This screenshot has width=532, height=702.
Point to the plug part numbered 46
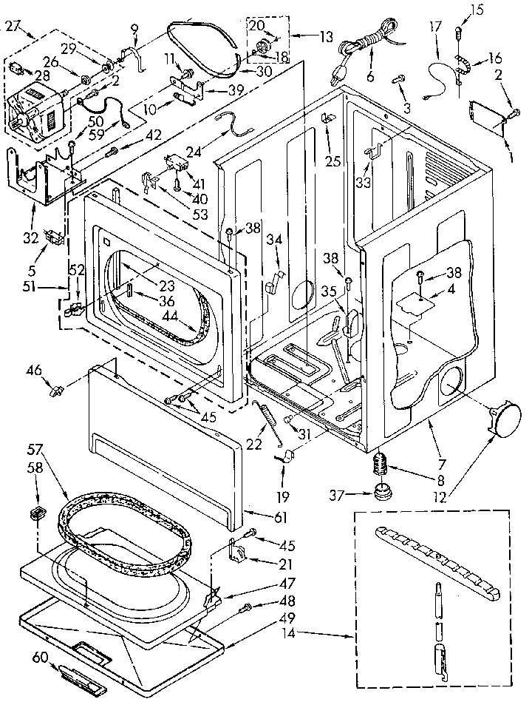(56, 390)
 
